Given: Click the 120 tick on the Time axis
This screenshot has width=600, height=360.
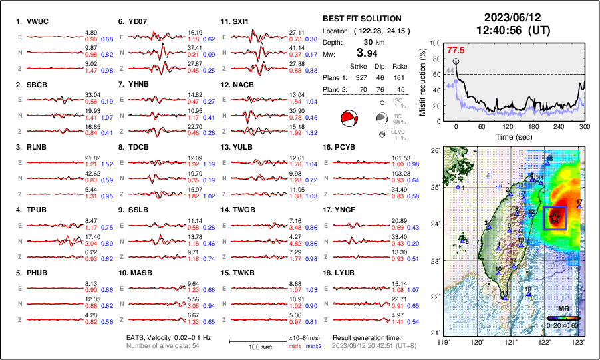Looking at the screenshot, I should [x=508, y=126].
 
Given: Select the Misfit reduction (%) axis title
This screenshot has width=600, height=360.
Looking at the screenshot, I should [x=423, y=81].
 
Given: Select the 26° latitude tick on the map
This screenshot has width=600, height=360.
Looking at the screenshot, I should [x=436, y=151].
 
